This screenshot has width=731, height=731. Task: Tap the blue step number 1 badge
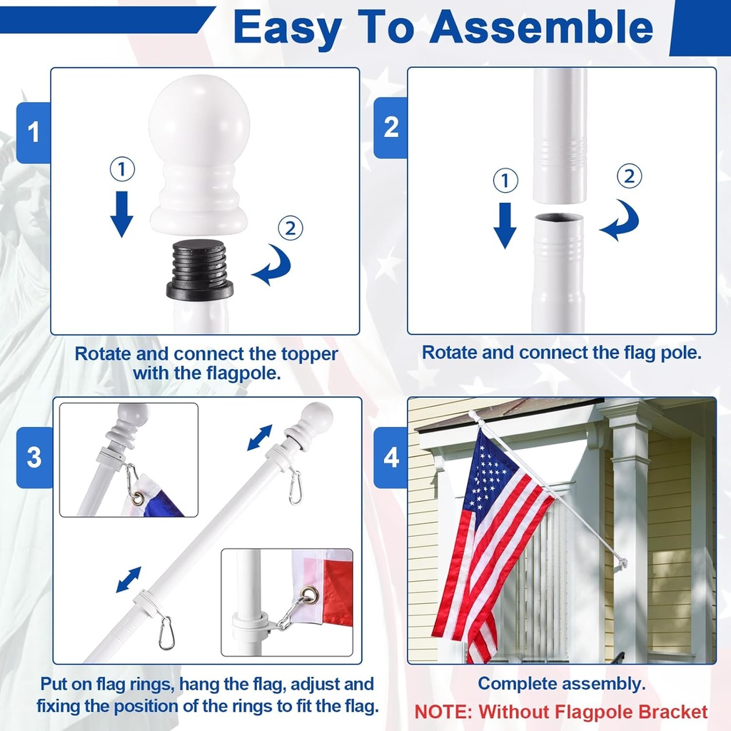tap(33, 132)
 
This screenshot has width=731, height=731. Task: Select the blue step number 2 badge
tap(391, 127)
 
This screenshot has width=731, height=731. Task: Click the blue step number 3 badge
tap(34, 457)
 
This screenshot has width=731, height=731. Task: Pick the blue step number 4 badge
tap(391, 457)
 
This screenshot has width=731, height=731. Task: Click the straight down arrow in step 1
tap(122, 213)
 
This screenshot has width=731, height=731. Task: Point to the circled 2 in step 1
tap(290, 228)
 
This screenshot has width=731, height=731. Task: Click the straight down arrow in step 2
tap(505, 224)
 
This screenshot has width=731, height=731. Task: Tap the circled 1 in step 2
tap(505, 181)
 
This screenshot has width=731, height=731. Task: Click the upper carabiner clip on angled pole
tap(294, 487)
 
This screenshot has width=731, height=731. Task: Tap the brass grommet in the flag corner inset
tap(309, 595)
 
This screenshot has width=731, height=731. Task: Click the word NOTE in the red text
tap(443, 712)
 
